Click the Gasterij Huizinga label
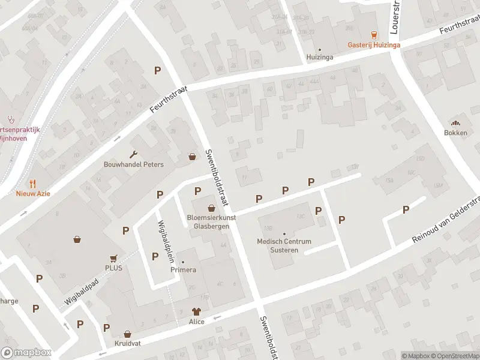(x=374, y=45)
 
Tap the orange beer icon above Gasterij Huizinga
(x=374, y=35)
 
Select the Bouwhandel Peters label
(x=133, y=164)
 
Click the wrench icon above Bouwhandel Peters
(x=133, y=154)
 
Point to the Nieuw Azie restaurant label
(x=33, y=193)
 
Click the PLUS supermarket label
(x=113, y=268)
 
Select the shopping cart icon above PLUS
(x=113, y=257)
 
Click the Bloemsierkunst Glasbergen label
(x=211, y=222)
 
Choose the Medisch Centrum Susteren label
(x=284, y=245)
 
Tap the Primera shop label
(x=183, y=269)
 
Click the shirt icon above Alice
(x=196, y=311)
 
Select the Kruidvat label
(x=127, y=344)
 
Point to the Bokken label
(x=455, y=133)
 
